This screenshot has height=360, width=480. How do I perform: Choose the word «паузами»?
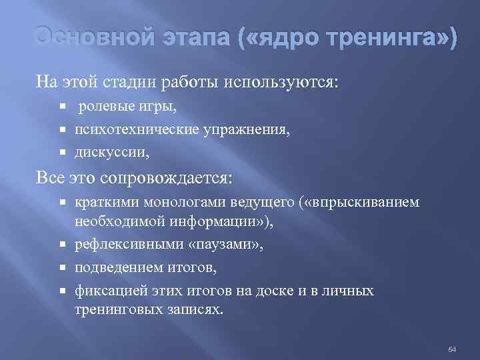coord(226,245)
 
